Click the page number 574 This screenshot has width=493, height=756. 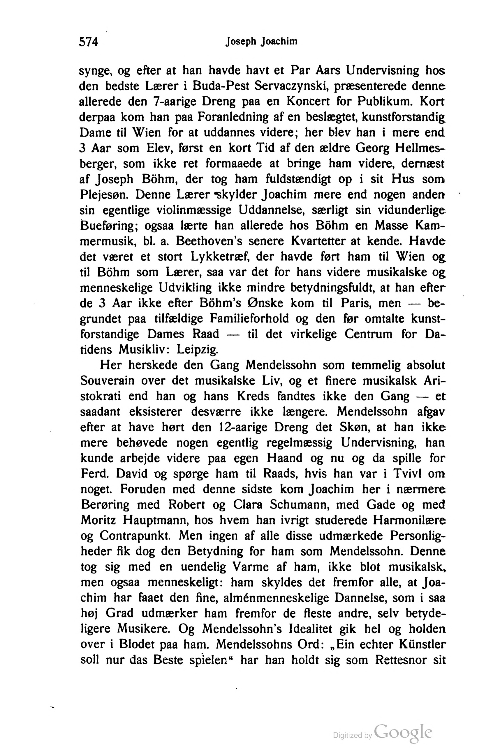pyautogui.click(x=89, y=42)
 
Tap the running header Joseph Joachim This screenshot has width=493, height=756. pyautogui.click(x=261, y=42)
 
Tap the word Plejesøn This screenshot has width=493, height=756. pyautogui.click(x=104, y=195)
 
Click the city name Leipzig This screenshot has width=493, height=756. pyautogui.click(x=197, y=350)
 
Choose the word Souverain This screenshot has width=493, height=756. pyautogui.click(x=108, y=380)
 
